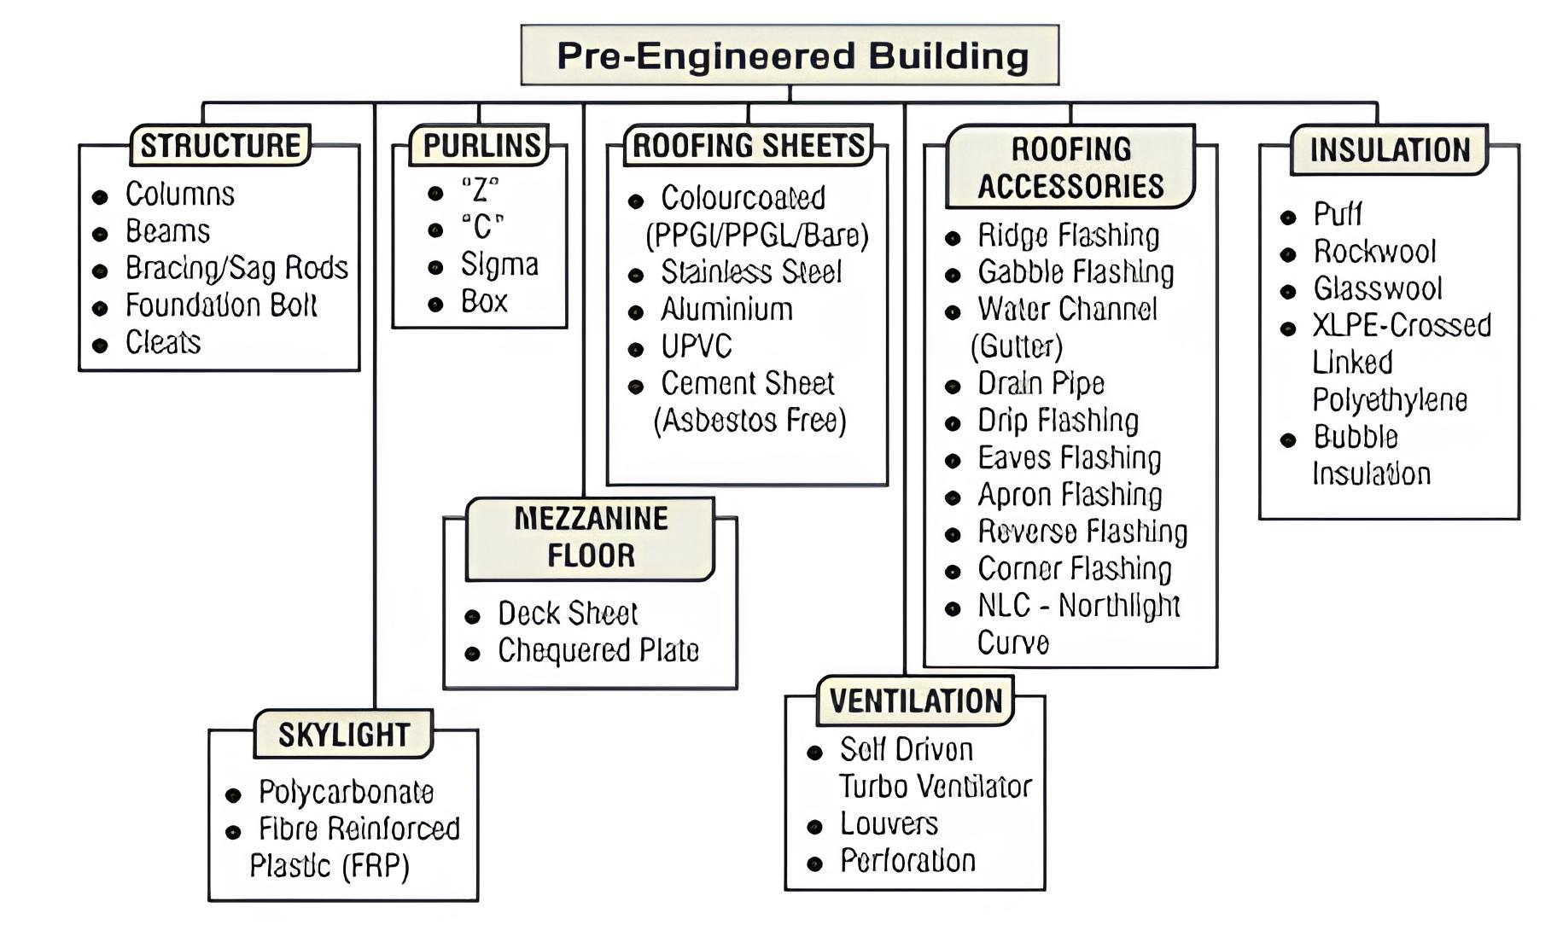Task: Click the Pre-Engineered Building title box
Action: [x=790, y=55]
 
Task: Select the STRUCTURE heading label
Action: [x=219, y=145]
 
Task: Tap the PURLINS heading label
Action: [x=481, y=145]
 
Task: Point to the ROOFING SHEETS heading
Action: [x=749, y=145]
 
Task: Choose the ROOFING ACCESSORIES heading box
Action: [x=1070, y=167]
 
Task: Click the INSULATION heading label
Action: [x=1390, y=150]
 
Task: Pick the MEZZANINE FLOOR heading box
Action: [x=591, y=538]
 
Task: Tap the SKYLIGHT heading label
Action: [x=344, y=734]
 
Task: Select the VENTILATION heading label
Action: [x=916, y=701]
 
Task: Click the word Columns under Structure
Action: [x=179, y=195]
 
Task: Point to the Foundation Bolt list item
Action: [x=220, y=305]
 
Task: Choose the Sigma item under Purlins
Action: [x=499, y=265]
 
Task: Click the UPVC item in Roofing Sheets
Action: [x=696, y=346]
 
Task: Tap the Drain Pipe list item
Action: [x=1041, y=384]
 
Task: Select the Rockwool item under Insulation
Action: [x=1374, y=252]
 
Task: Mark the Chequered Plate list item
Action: [x=598, y=651]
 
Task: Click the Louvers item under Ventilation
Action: [x=889, y=823]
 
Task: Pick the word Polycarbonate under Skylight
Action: [x=346, y=793]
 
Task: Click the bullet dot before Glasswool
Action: [x=1288, y=292]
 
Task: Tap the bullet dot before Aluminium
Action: [x=635, y=312]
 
